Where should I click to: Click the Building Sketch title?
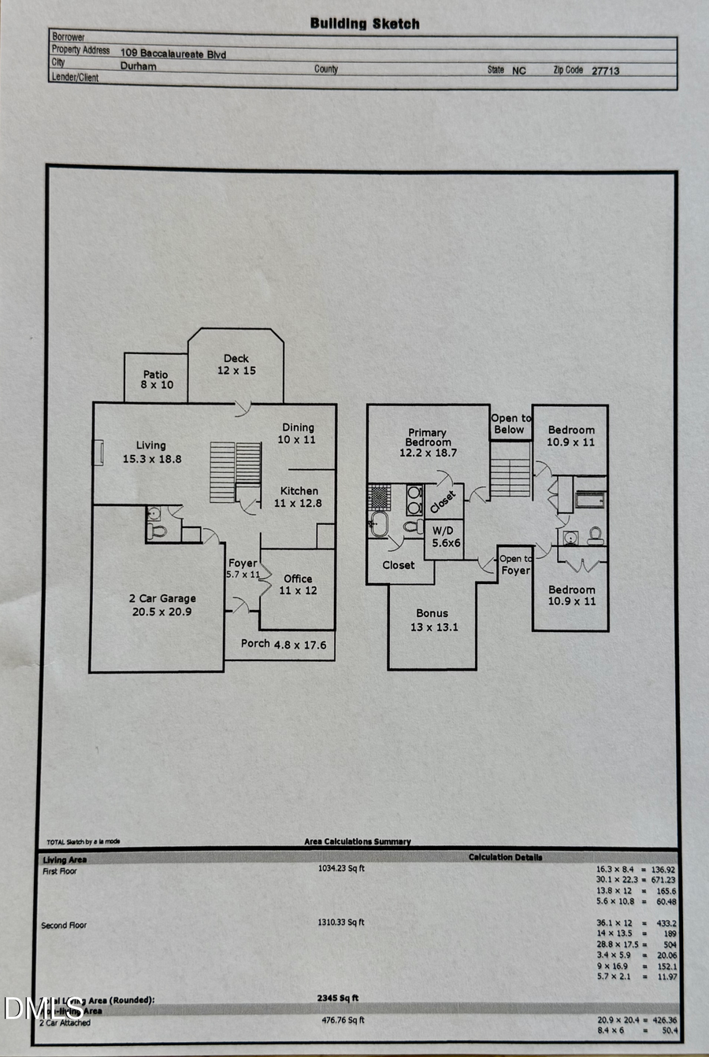[x=365, y=24]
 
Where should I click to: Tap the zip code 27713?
[x=605, y=71]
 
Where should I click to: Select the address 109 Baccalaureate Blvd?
[x=173, y=54]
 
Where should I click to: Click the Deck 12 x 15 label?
[x=236, y=364]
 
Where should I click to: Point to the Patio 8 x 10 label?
[x=156, y=380]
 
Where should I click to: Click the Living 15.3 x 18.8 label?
[x=151, y=452]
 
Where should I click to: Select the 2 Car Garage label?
[x=162, y=604]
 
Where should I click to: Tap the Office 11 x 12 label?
[x=298, y=584]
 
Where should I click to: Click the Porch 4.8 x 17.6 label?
[x=284, y=644]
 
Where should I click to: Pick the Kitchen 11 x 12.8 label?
[x=299, y=497]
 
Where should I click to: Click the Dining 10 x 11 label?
[x=297, y=433]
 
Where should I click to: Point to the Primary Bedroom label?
[x=428, y=442]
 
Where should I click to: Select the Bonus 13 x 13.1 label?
[x=432, y=620]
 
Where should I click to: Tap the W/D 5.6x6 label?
[x=445, y=537]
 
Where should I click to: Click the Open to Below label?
[x=510, y=424]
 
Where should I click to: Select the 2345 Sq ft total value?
[x=337, y=998]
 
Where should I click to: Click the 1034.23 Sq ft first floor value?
[x=341, y=869]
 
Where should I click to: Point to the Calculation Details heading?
[x=505, y=857]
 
